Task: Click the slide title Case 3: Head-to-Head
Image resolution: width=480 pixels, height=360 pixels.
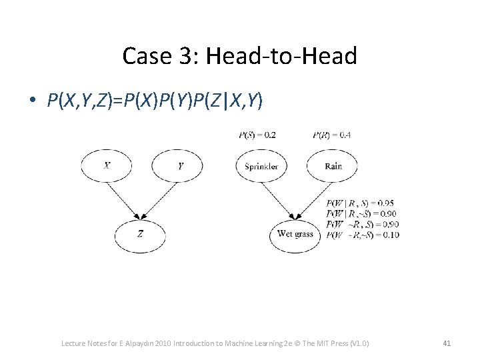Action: tap(239, 56)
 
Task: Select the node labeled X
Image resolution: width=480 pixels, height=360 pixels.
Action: tap(107, 165)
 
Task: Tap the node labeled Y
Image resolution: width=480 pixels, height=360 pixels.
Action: tap(177, 165)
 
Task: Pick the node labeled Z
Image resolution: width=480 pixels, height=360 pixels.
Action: tap(140, 233)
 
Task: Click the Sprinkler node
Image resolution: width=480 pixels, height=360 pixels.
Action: tap(261, 165)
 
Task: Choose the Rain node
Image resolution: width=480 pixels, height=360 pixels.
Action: tap(333, 165)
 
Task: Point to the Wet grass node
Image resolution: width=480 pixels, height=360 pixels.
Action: tap(295, 234)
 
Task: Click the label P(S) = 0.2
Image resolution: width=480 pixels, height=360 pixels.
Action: tap(257, 135)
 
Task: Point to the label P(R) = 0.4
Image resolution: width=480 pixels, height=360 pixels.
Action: tap(331, 135)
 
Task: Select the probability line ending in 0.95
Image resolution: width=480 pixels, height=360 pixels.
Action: tap(361, 203)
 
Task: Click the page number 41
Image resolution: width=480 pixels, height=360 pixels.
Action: tap(447, 343)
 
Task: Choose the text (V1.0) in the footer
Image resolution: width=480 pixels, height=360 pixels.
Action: tap(358, 343)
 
